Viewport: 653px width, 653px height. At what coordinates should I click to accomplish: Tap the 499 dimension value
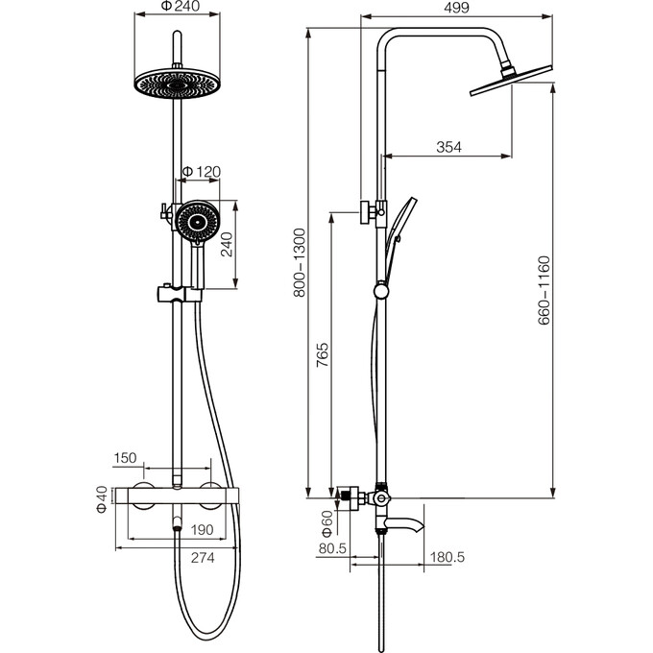point(456,8)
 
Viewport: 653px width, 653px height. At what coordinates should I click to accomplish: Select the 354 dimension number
point(449,147)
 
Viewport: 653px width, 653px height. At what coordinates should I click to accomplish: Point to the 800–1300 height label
point(300,263)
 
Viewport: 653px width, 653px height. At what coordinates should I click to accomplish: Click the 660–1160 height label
point(544,290)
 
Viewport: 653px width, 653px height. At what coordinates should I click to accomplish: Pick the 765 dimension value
point(323,354)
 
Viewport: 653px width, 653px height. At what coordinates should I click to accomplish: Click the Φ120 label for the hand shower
point(202,172)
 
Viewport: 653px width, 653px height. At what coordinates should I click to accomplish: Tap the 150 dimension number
point(125,458)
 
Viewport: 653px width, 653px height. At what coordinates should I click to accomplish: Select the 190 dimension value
point(202,530)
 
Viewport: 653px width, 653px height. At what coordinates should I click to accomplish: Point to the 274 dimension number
point(203,557)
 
